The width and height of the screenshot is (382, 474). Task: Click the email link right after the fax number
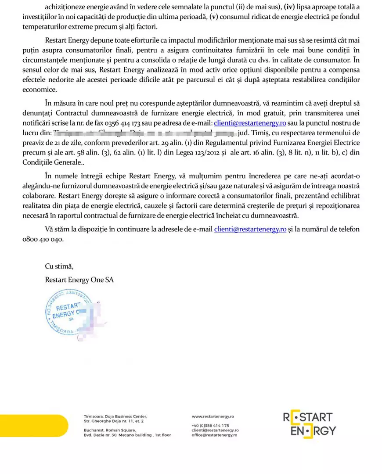click(250, 122)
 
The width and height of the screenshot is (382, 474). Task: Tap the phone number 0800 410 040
click(43, 239)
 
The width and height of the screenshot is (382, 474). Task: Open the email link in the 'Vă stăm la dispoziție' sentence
click(250, 229)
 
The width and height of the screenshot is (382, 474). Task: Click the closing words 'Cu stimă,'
click(59, 266)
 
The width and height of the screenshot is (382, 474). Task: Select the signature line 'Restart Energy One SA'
click(79, 280)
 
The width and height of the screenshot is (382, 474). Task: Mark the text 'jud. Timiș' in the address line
click(252, 133)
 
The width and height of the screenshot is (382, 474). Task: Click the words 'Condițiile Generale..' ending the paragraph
click(53, 162)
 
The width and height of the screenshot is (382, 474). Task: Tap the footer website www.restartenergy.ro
click(213, 416)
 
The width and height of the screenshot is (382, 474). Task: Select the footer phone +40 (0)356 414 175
click(210, 426)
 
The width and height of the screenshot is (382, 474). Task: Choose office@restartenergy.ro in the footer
click(215, 435)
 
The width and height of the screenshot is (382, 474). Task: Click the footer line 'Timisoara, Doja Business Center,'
click(115, 416)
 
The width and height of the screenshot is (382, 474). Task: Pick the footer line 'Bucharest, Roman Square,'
click(109, 430)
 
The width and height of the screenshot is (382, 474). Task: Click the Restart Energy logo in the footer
click(310, 424)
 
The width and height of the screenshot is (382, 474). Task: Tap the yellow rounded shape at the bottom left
click(33, 425)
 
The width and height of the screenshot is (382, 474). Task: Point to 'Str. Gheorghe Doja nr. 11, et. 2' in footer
click(114, 421)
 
